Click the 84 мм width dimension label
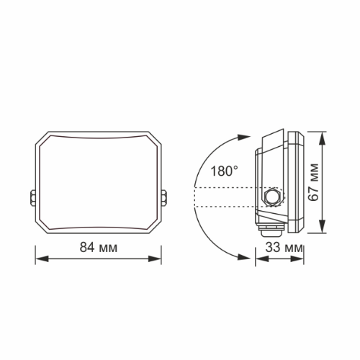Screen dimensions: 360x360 pyautogui.click(x=98, y=248)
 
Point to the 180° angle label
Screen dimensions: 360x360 pyautogui.click(x=225, y=171)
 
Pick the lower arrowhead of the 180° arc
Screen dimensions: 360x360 pyautogui.click(x=241, y=256)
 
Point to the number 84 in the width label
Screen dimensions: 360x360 pyautogui.click(x=87, y=248)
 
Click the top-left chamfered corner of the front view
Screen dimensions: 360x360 pyautogui.click(x=44, y=138)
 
